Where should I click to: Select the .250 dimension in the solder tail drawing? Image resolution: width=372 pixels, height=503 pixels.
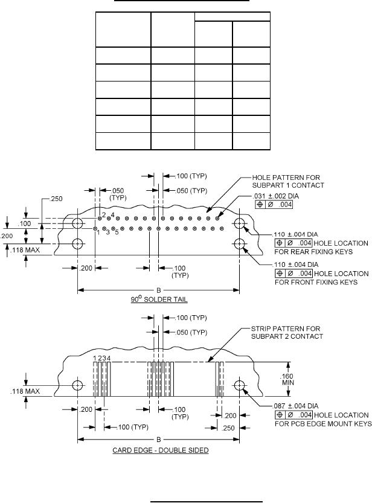pos(53,197)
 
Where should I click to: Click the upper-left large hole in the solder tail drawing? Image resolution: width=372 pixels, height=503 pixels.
pos(78,224)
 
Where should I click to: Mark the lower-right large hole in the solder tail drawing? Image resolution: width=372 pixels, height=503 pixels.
pos(240,244)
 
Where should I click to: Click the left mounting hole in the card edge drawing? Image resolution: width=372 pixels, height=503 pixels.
pos(78,385)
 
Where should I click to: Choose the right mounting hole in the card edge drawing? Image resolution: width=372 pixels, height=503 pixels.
pos(240,385)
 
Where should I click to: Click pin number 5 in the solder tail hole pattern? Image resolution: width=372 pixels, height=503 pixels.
pos(117,233)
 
